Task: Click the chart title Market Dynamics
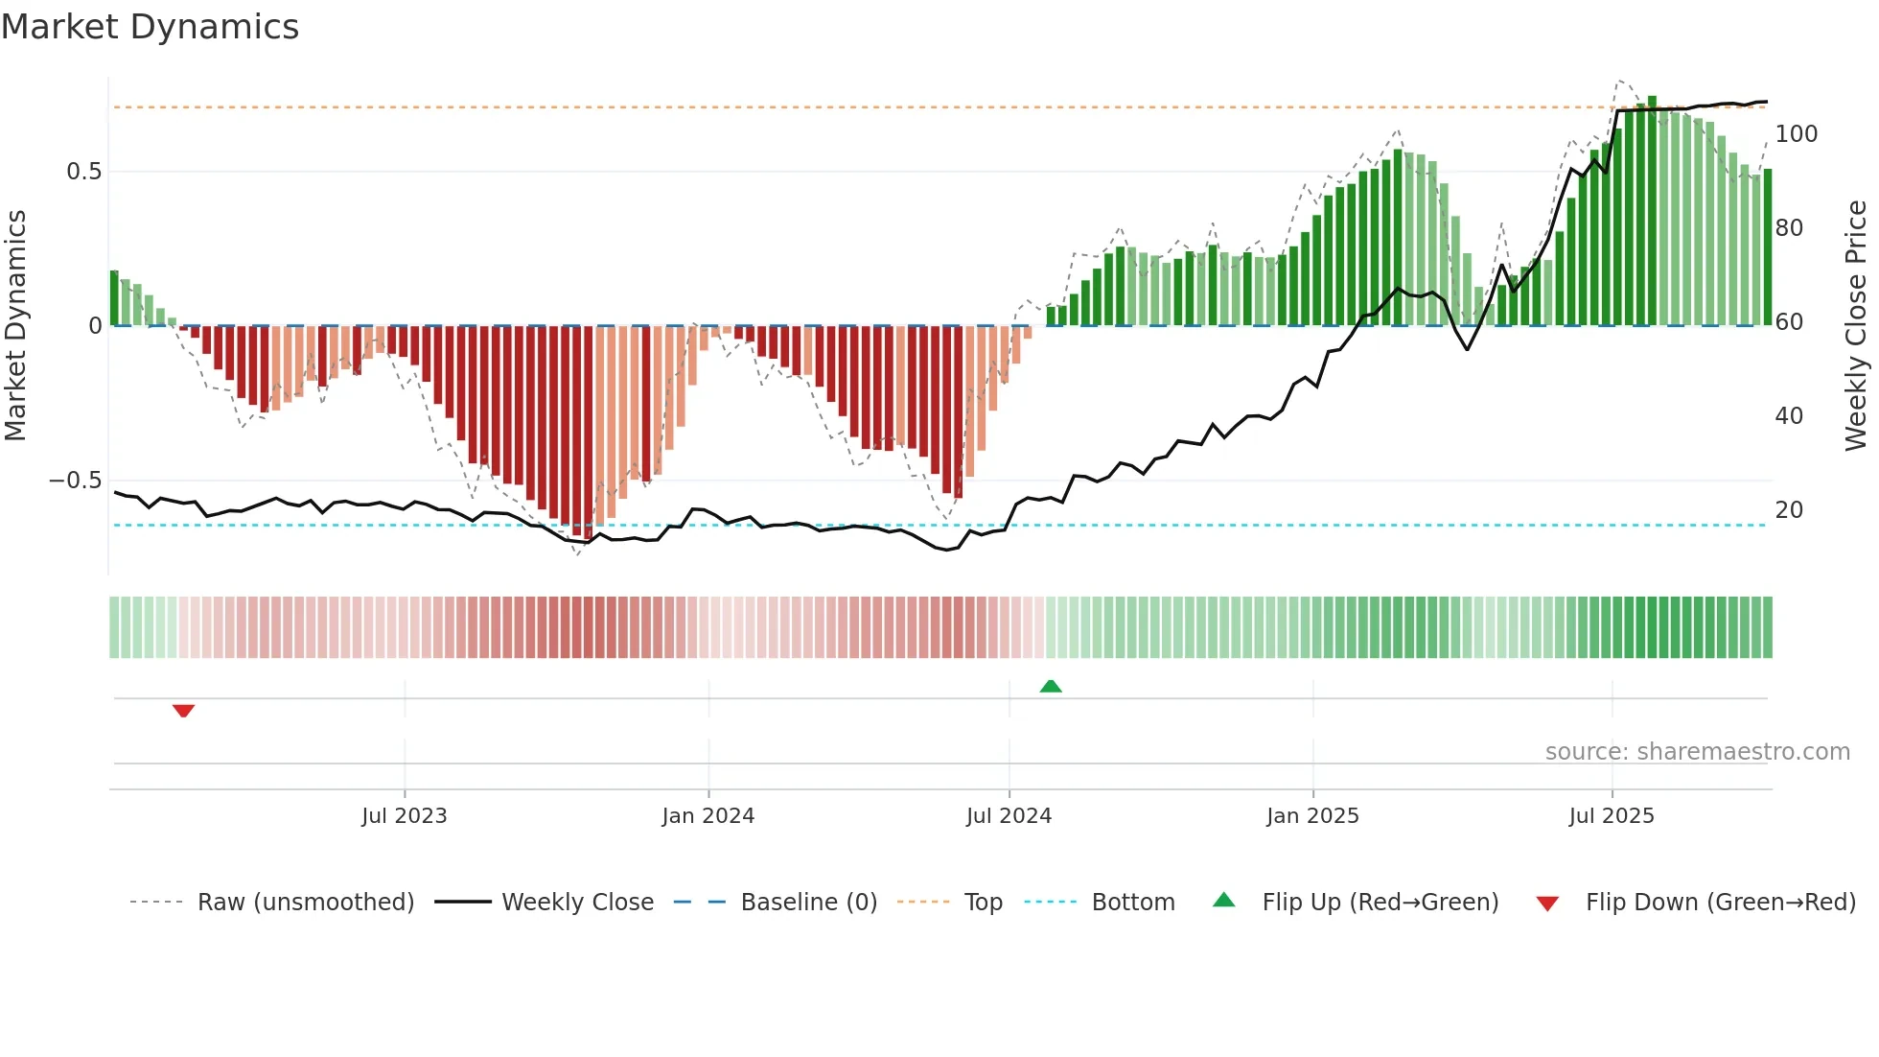[x=150, y=27]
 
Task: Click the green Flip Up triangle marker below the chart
[x=1051, y=686]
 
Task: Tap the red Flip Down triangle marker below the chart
[x=183, y=711]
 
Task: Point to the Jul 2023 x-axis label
[x=404, y=816]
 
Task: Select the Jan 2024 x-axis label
[x=708, y=816]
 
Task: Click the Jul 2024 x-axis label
[x=1009, y=816]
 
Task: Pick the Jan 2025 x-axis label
[x=1312, y=816]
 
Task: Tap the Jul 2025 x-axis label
[x=1612, y=816]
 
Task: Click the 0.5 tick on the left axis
[x=83, y=172]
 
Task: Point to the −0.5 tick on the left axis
[x=76, y=481]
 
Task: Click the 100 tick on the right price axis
[x=1796, y=134]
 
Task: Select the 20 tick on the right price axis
[x=1789, y=510]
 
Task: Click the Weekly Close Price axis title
[x=1856, y=326]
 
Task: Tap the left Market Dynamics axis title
[x=15, y=326]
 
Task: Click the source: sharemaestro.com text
[x=1697, y=752]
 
